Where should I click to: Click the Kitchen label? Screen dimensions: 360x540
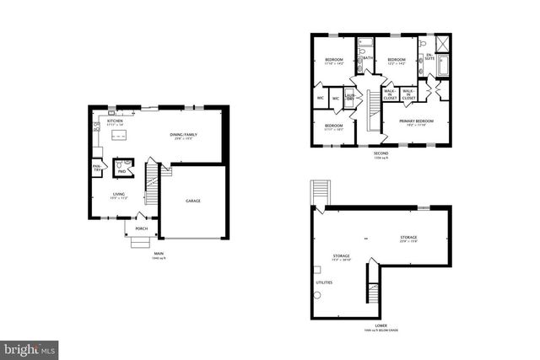pyautogui.click(x=115, y=121)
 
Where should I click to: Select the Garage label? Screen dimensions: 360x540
pyautogui.click(x=193, y=201)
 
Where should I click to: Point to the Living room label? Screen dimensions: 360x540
pyautogui.click(x=119, y=195)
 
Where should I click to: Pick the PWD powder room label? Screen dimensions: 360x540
pyautogui.click(x=121, y=172)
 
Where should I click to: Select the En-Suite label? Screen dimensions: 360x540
pyautogui.click(x=429, y=57)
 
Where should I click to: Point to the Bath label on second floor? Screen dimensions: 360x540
pyautogui.click(x=369, y=57)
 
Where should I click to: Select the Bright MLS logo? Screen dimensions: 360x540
pyautogui.click(x=30, y=347)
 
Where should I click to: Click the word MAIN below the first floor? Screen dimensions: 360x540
pyautogui.click(x=158, y=254)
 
